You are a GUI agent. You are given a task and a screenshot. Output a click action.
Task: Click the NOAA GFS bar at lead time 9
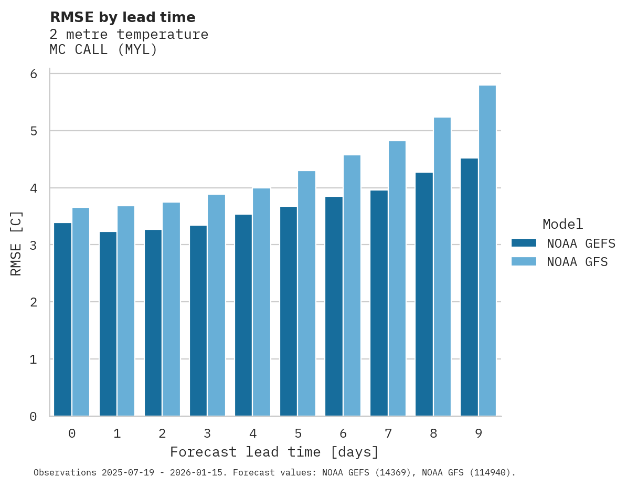click(487, 251)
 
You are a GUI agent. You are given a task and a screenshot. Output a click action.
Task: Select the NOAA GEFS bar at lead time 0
click(63, 320)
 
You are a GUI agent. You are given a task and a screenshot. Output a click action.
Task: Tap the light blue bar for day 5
click(307, 293)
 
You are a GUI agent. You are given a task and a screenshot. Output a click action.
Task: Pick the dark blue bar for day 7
click(379, 303)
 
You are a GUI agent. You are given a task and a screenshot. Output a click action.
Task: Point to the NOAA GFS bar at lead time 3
click(217, 305)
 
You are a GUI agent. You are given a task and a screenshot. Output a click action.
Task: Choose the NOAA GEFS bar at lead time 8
click(424, 294)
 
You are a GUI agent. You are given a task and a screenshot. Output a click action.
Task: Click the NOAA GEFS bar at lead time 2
click(153, 323)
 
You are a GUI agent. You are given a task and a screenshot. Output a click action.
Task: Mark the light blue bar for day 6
click(352, 285)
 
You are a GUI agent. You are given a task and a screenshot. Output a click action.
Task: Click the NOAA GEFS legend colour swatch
click(524, 243)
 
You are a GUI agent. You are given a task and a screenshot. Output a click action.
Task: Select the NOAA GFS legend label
click(577, 262)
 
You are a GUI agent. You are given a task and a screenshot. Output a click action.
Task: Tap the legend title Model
click(562, 225)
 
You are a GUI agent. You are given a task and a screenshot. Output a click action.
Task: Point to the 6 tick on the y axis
click(34, 74)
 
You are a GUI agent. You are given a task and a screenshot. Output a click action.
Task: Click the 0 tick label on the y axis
click(34, 417)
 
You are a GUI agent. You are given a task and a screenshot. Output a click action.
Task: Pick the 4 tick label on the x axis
click(253, 434)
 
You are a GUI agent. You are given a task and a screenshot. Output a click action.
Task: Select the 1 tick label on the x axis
click(117, 434)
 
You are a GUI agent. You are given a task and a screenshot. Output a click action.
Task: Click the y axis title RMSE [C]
click(17, 243)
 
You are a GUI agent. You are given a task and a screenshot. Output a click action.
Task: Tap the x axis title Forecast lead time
click(274, 452)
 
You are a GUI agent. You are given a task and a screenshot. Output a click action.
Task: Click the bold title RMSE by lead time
click(122, 17)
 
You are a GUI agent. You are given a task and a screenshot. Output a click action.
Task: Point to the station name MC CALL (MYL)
click(103, 50)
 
